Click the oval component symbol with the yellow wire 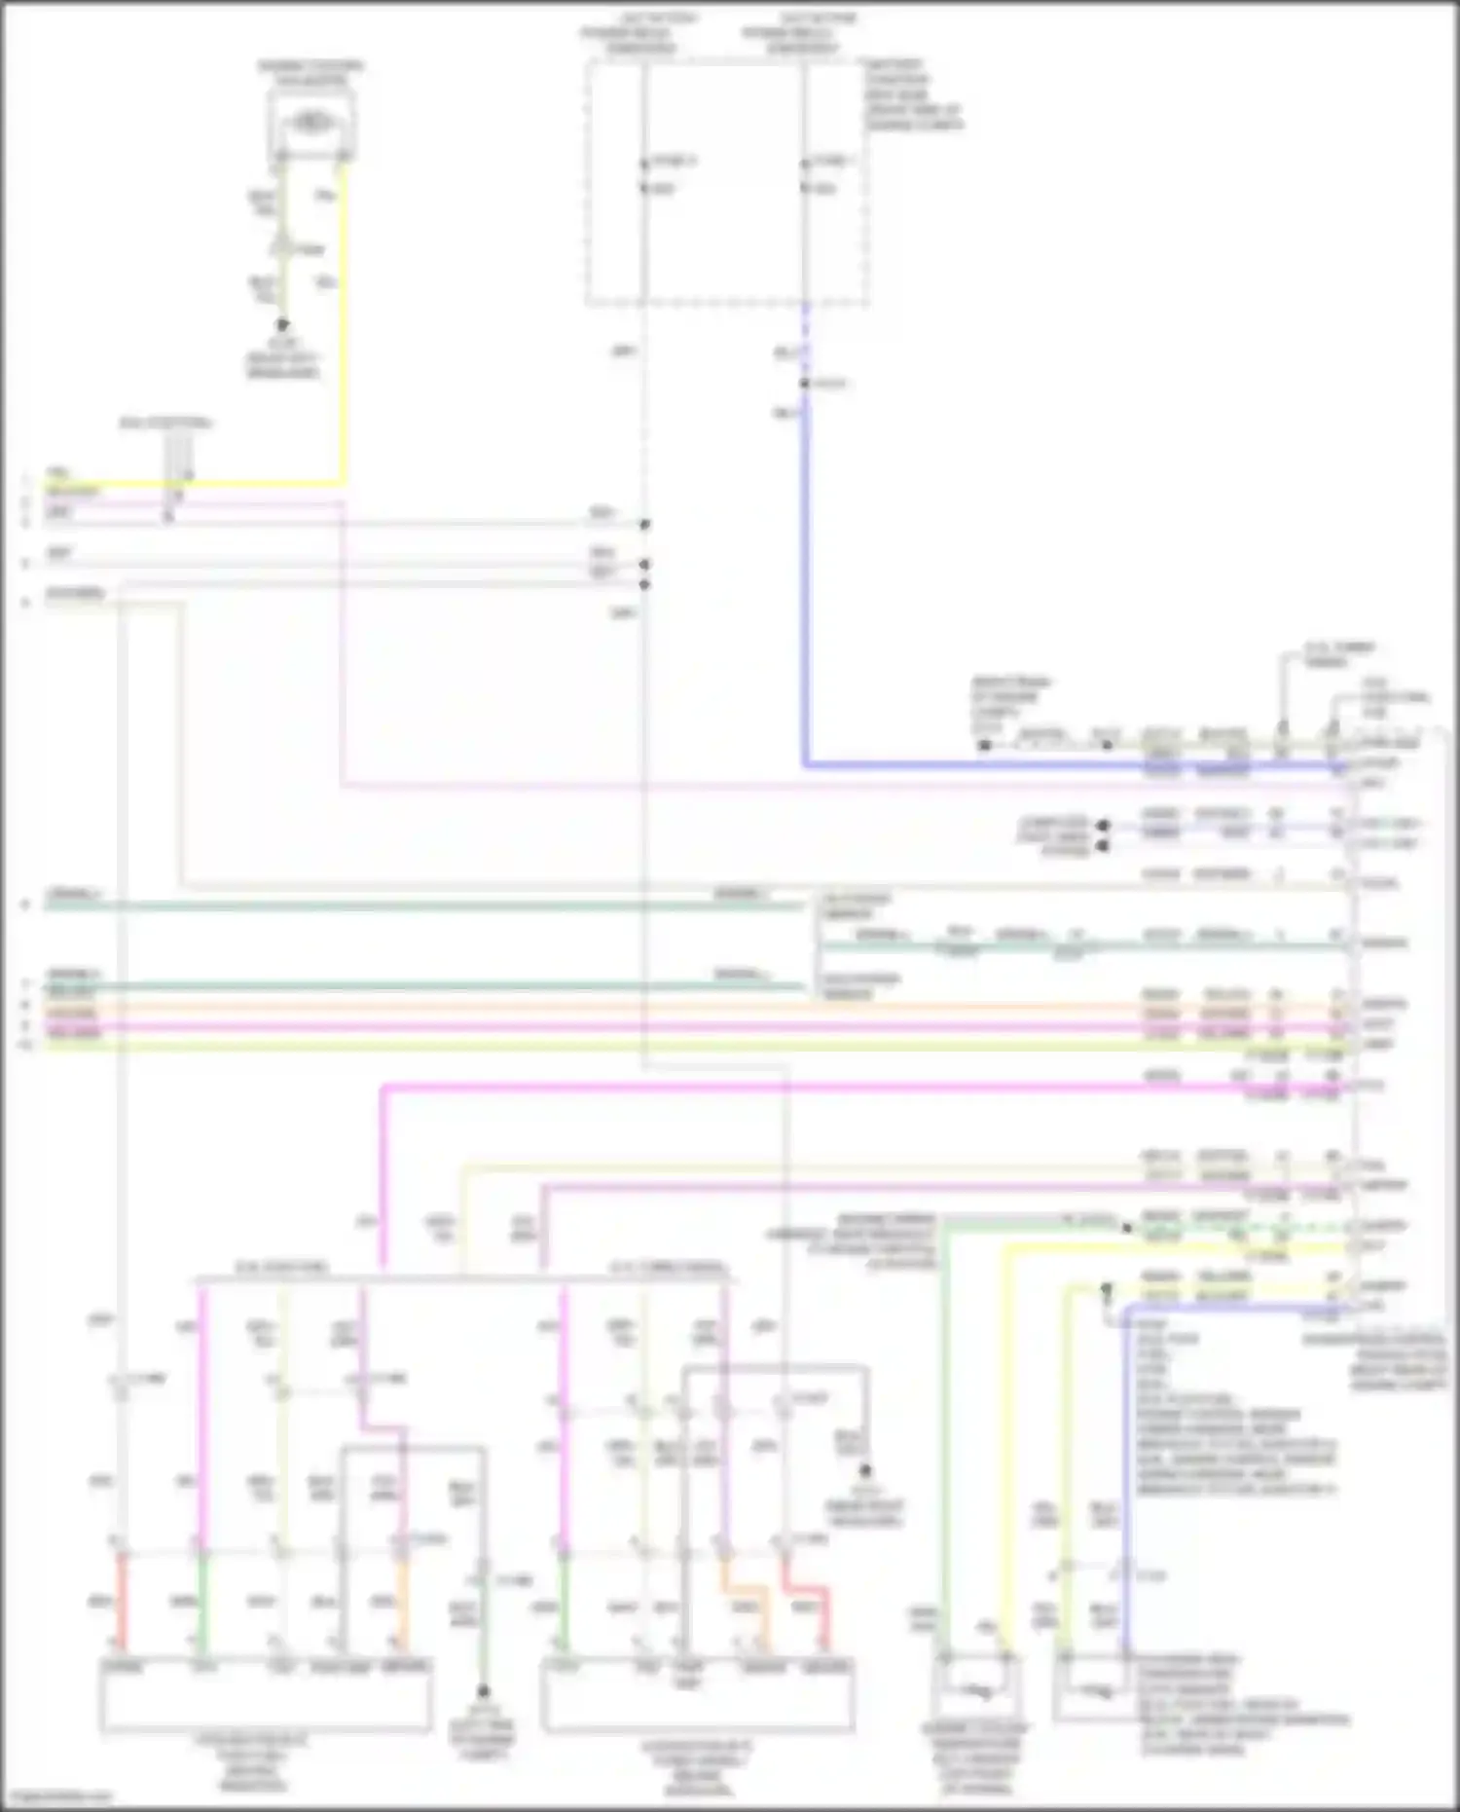coord(310,124)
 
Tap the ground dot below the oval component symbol coord(282,325)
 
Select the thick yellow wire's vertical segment coord(343,321)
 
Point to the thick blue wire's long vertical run coord(806,584)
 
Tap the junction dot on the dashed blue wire coord(805,384)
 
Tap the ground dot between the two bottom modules coord(483,1692)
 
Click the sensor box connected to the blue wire coord(1094,1689)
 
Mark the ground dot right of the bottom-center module coord(864,1471)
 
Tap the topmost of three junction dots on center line coord(644,524)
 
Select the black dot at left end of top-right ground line coord(984,746)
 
